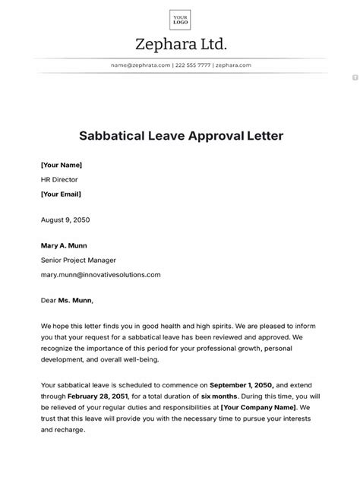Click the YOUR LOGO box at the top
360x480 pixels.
click(x=180, y=18)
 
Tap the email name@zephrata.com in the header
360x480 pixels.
click(x=141, y=65)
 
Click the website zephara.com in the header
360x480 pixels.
click(x=232, y=65)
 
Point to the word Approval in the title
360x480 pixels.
click(x=219, y=137)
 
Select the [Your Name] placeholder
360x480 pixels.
click(x=62, y=164)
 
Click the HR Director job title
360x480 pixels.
click(x=59, y=179)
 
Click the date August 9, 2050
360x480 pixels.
click(x=65, y=219)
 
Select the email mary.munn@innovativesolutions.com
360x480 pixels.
click(x=100, y=274)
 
